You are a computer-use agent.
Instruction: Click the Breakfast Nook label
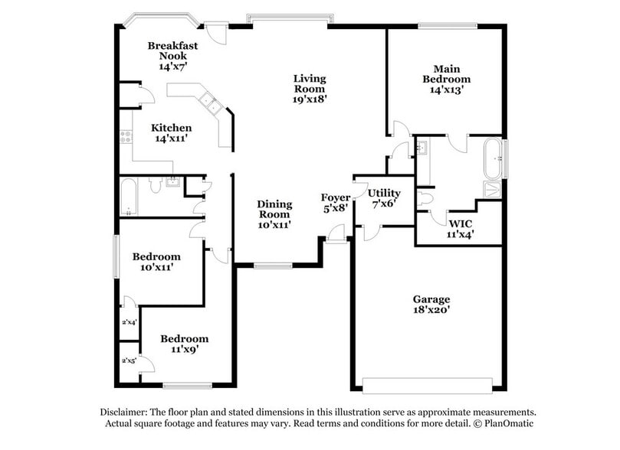[172, 56]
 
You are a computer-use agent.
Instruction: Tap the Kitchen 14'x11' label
[171, 133]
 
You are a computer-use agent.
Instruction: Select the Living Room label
[310, 88]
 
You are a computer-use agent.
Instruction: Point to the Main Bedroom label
[446, 79]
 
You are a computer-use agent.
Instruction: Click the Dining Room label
[274, 214]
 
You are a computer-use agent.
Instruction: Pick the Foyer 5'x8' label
[336, 203]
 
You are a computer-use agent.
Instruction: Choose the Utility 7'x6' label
[384, 198]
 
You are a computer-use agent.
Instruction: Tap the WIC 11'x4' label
[461, 230]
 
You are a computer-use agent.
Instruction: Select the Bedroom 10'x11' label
[156, 262]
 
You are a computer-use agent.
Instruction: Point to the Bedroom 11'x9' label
[184, 344]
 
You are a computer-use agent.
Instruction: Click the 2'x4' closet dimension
[129, 323]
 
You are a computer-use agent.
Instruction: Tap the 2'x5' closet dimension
[129, 360]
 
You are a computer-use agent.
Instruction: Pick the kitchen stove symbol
[125, 138]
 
